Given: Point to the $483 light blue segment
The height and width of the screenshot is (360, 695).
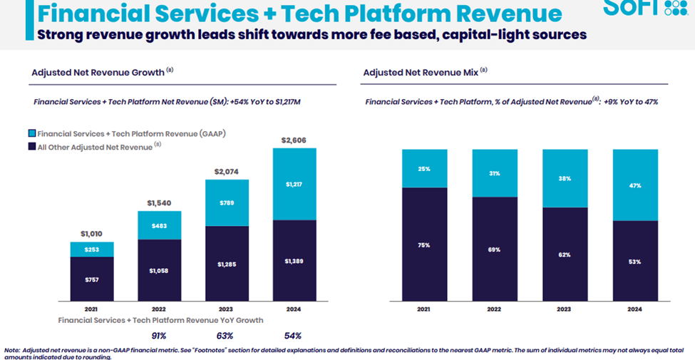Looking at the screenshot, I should click(160, 225).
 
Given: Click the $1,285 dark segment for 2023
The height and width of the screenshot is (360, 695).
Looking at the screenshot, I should click(227, 264).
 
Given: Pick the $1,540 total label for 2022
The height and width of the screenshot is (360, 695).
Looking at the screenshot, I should click(160, 203).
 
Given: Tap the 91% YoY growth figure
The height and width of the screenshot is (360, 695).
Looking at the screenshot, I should click(159, 336).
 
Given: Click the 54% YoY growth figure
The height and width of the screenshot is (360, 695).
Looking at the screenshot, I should click(293, 336).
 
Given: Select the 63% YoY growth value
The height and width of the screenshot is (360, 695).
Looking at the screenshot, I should click(225, 336).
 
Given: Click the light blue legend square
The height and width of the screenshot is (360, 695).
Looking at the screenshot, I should click(32, 134).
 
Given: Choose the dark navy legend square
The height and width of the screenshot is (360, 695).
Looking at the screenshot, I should click(32, 147).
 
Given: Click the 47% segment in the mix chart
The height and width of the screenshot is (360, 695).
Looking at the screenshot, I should click(635, 185).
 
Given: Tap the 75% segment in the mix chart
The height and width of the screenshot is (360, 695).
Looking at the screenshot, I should click(424, 245).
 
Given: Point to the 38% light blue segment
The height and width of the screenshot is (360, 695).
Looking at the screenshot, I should click(565, 178).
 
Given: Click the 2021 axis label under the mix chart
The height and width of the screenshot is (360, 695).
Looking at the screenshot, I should click(424, 310).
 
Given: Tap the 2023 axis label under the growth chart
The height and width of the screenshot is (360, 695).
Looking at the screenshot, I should click(227, 310).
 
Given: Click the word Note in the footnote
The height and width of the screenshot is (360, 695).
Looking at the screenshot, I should click(12, 349).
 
